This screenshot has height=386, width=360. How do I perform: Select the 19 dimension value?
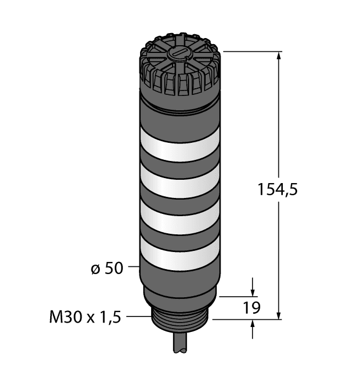(252, 308)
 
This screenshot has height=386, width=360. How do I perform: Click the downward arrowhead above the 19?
(252, 291)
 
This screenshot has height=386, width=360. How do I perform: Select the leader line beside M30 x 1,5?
(138, 317)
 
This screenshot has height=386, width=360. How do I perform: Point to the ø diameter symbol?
(94, 269)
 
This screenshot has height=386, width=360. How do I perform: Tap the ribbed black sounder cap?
(180, 69)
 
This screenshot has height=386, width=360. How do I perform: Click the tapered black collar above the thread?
(180, 298)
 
